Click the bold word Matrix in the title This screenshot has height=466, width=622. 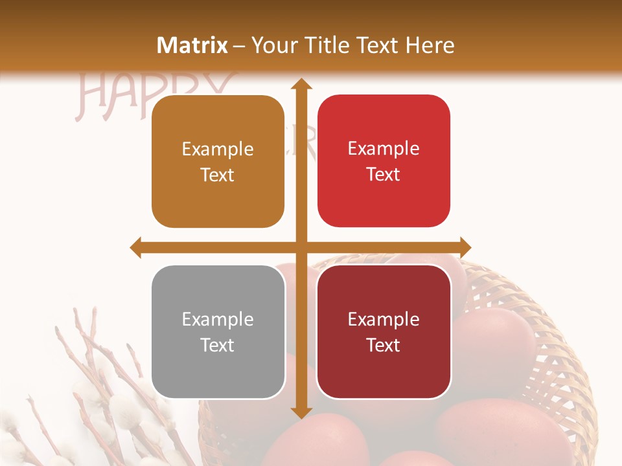coord(192,45)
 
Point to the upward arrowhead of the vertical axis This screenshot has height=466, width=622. coord(300,84)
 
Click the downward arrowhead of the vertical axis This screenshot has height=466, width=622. coord(300,412)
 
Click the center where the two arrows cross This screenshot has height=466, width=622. coord(300,247)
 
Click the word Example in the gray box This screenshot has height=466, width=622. coord(218,320)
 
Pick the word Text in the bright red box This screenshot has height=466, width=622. coord(384,175)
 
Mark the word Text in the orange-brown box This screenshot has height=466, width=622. coord(218,175)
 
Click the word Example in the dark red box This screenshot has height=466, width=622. coord(384,319)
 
